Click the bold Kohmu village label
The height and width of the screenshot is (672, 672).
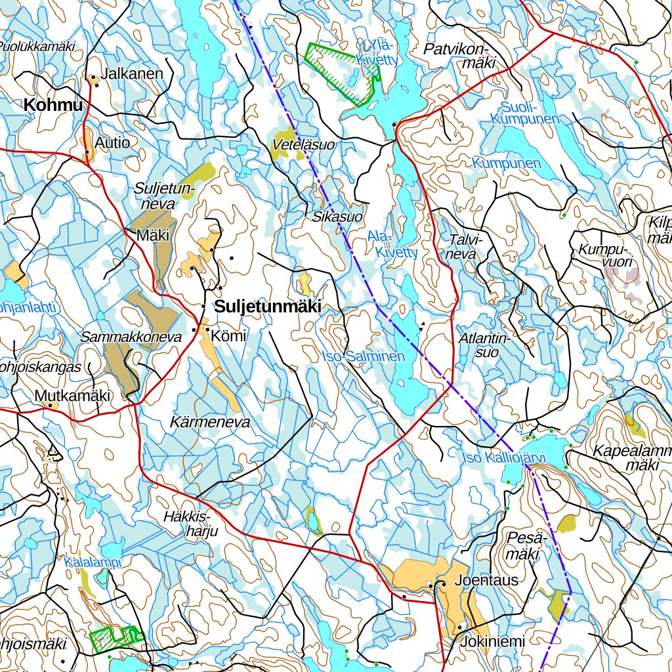click(54, 105)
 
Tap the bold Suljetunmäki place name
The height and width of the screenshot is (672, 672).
click(268, 306)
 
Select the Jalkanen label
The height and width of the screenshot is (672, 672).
click(132, 73)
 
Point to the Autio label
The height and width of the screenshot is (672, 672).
click(112, 142)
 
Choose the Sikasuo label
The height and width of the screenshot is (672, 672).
click(337, 216)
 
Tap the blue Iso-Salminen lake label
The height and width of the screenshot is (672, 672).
click(364, 356)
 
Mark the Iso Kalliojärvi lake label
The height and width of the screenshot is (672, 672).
click(503, 457)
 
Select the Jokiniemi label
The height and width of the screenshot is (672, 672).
click(492, 641)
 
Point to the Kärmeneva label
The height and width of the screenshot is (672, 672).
click(210, 422)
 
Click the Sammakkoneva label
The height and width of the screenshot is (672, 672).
click(131, 337)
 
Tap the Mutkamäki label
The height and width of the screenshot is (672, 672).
click(72, 396)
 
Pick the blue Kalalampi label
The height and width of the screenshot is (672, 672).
click(93, 562)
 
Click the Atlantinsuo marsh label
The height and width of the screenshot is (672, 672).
click(485, 345)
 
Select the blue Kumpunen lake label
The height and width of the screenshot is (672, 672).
click(510, 163)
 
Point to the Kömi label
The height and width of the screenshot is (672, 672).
click(229, 336)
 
